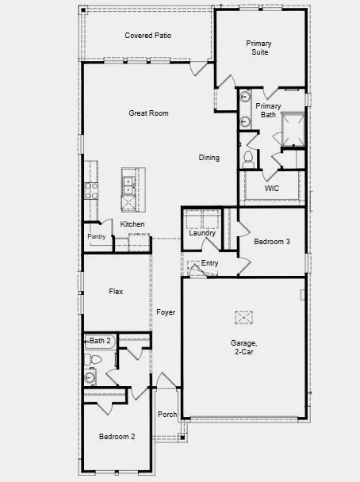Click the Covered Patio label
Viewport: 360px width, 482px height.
click(x=148, y=36)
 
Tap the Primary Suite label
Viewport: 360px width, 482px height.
click(x=258, y=48)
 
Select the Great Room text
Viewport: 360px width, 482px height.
click(x=148, y=113)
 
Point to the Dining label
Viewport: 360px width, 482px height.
click(x=209, y=158)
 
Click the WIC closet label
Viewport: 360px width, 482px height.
click(x=272, y=189)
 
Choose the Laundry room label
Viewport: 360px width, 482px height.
click(x=202, y=233)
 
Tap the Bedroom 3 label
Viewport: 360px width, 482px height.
click(x=272, y=241)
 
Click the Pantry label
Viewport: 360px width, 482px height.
click(x=97, y=236)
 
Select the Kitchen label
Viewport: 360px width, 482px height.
click(x=132, y=224)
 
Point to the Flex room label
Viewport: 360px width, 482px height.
click(x=116, y=291)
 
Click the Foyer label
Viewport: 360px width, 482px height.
click(x=166, y=312)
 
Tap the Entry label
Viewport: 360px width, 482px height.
click(x=209, y=263)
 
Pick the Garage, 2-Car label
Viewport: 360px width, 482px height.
click(x=243, y=346)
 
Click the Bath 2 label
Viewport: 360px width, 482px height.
click(x=100, y=341)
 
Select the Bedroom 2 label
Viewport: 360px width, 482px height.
click(x=117, y=437)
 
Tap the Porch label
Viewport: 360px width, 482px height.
click(x=167, y=415)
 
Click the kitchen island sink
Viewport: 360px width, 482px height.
click(x=128, y=186)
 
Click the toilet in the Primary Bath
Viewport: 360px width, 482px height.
click(x=247, y=156)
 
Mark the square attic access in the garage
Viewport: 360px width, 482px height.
click(x=243, y=317)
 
